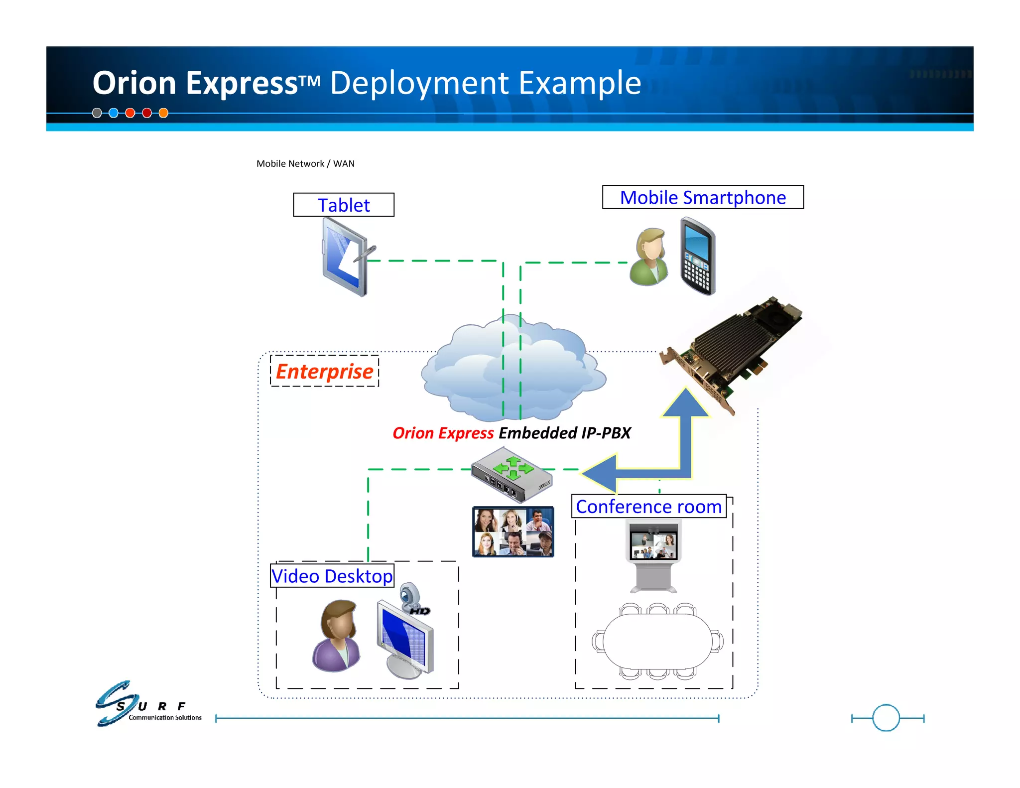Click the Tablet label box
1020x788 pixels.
[344, 205]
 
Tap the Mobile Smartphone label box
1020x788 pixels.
[702, 197]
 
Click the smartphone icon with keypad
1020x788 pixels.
[698, 256]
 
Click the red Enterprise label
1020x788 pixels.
[324, 371]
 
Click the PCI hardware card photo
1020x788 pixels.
[732, 349]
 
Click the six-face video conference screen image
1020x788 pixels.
[513, 531]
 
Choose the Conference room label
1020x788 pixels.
[648, 507]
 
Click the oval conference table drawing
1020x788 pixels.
[657, 642]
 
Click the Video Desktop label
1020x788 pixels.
[332, 576]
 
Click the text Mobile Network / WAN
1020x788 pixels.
[305, 163]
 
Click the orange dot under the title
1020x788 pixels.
[163, 113]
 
